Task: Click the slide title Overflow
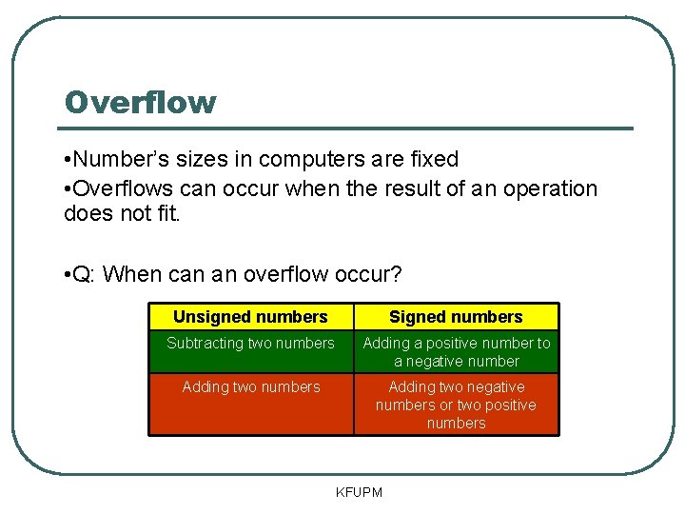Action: (140, 102)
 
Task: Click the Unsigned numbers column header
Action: (250, 317)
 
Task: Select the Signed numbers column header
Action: (456, 317)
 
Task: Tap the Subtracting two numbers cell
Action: (250, 344)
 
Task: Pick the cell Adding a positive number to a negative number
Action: (456, 352)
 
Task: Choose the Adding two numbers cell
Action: (250, 386)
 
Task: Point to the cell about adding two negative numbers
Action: (456, 405)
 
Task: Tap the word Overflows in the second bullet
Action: (118, 188)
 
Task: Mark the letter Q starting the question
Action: (82, 275)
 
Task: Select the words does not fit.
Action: (121, 215)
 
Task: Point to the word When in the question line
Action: (130, 275)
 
